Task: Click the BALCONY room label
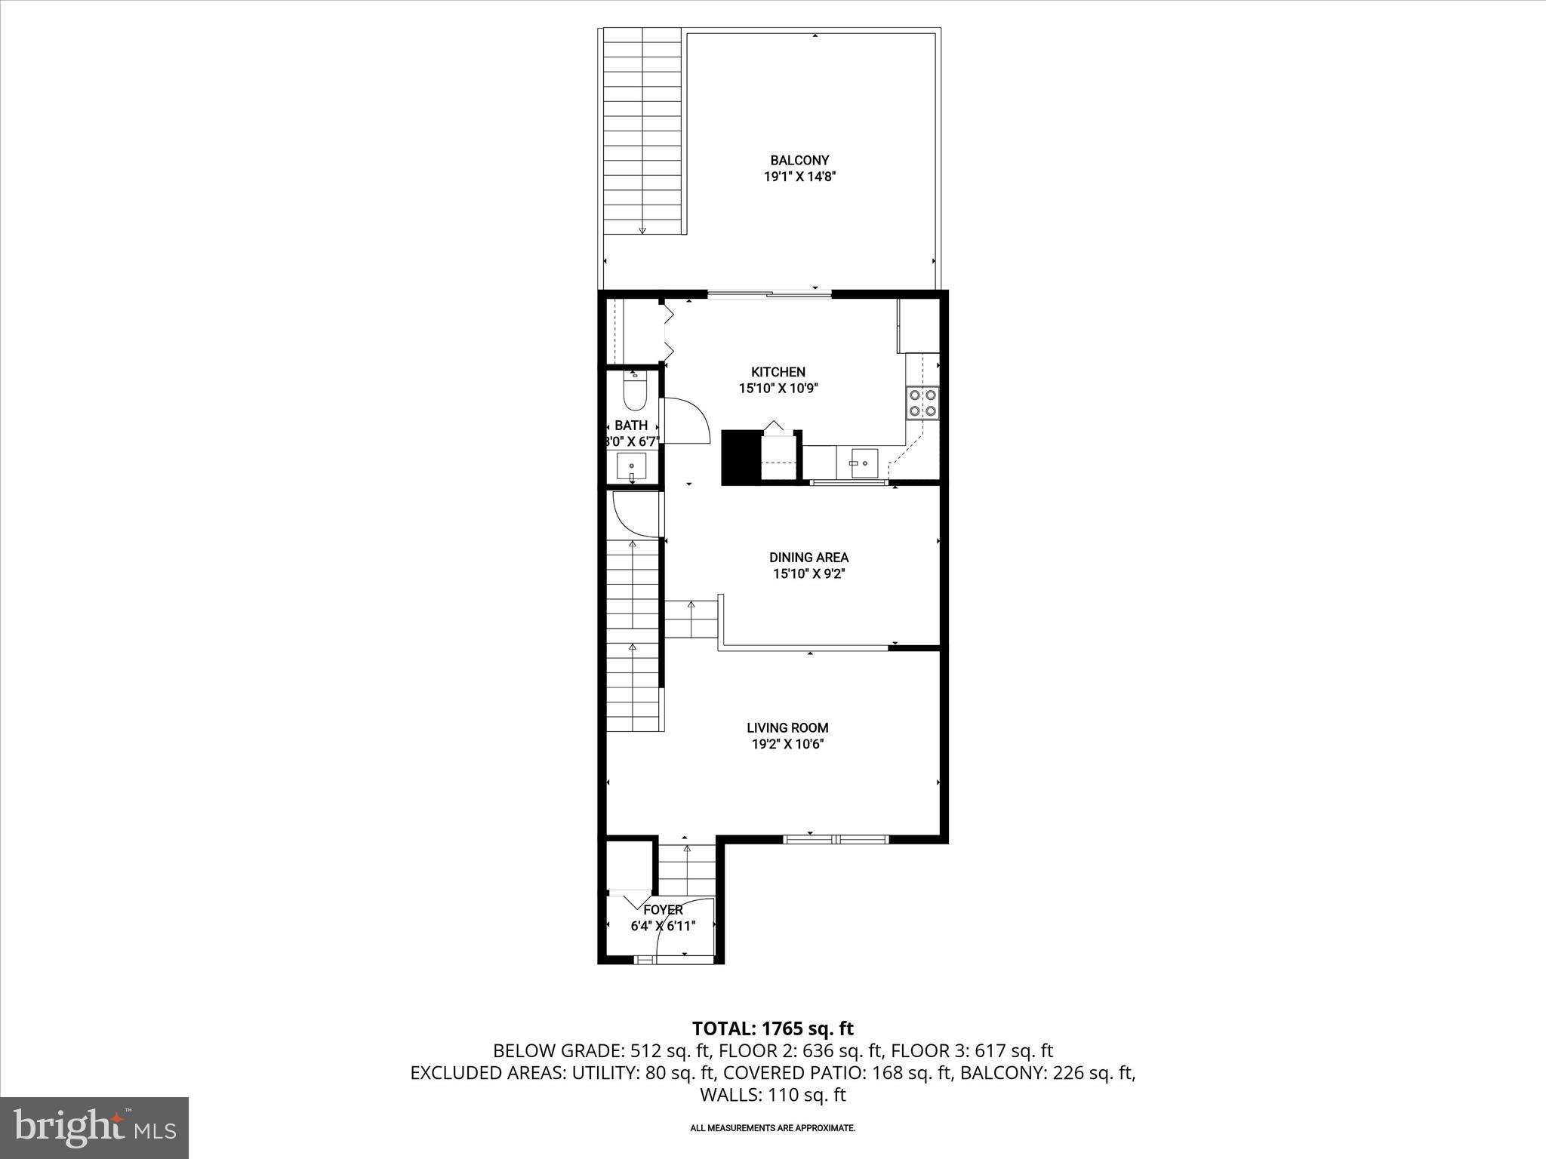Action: click(799, 160)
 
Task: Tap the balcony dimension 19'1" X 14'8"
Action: click(799, 177)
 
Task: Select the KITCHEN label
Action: click(778, 372)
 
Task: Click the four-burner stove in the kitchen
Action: click(922, 402)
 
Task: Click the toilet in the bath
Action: click(633, 392)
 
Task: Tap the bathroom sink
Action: click(631, 467)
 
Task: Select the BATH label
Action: click(631, 426)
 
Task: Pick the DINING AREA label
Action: click(808, 558)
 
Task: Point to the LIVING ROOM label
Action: click(787, 728)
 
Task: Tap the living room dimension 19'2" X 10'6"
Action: click(787, 745)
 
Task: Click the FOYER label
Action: click(663, 910)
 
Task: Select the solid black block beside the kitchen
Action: click(741, 457)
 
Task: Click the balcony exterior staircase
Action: click(642, 132)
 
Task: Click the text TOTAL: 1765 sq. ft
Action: click(772, 1028)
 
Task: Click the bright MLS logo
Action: click(94, 1128)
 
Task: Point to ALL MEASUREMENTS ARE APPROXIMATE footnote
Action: click(772, 1128)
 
